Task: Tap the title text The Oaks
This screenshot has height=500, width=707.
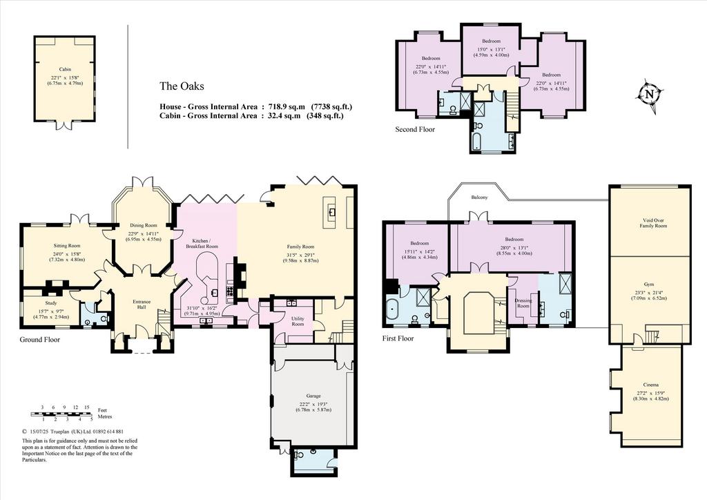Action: tap(182, 86)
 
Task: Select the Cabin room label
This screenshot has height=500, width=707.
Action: tap(65, 70)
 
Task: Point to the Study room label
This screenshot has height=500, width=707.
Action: tap(51, 303)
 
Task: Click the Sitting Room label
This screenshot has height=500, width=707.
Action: tap(67, 246)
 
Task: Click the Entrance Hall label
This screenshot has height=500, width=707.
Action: tap(142, 305)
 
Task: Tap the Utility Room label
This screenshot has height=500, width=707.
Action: tap(298, 321)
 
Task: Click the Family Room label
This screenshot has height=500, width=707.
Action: tap(301, 247)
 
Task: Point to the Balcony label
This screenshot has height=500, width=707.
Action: tap(479, 198)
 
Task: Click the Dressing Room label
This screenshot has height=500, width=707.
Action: tap(523, 303)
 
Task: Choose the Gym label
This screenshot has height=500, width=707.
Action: tap(649, 285)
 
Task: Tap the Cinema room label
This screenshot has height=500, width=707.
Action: tap(650, 385)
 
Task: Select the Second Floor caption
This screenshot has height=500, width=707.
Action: tap(415, 129)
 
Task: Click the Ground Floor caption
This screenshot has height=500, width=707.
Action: tap(39, 340)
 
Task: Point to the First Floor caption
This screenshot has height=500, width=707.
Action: tap(398, 338)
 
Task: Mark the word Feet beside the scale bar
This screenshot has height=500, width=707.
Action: tap(102, 410)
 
